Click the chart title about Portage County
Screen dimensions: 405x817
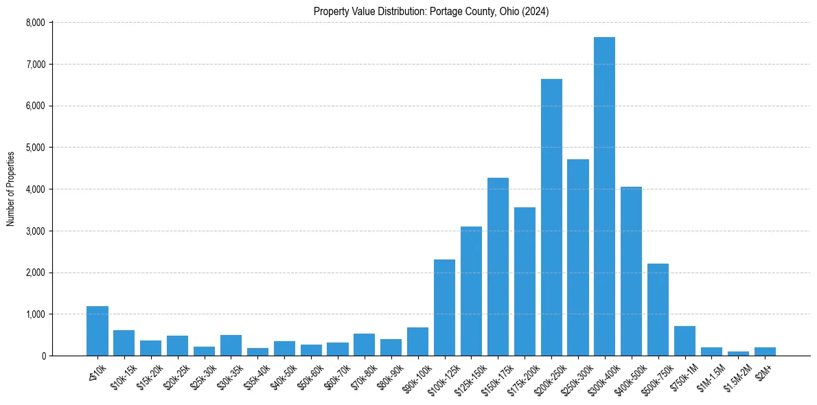tap(431, 12)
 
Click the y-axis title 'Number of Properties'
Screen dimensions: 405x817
tap(11, 189)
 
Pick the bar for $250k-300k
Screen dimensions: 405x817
tap(578, 257)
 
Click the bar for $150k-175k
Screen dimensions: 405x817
tap(498, 267)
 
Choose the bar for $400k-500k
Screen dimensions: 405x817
tap(631, 271)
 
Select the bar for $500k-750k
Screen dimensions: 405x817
tap(658, 310)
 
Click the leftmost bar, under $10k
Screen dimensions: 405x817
tap(97, 331)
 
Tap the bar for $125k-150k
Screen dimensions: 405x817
tap(471, 291)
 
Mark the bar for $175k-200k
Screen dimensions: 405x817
tap(525, 281)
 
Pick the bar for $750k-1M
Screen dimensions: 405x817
tap(684, 341)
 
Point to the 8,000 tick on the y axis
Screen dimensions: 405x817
tap(35, 23)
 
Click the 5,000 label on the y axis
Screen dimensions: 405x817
tap(35, 148)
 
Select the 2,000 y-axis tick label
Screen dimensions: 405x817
tap(35, 273)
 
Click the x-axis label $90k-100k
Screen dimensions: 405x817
tap(414, 377)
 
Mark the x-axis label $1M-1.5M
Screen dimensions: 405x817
tap(708, 377)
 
